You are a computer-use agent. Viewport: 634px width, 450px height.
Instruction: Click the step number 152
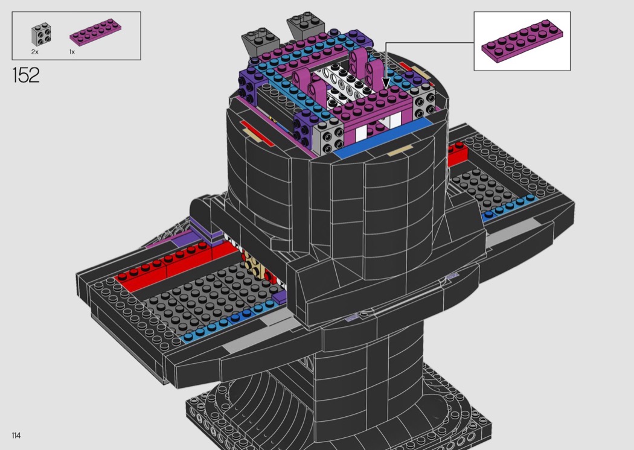[x=26, y=75]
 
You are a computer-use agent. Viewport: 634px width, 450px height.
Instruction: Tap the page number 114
[x=16, y=436]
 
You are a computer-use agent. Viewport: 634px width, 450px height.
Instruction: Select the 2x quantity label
[x=35, y=52]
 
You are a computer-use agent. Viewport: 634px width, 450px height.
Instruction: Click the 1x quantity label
[x=72, y=52]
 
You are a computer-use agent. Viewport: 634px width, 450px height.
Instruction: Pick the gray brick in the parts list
[x=41, y=34]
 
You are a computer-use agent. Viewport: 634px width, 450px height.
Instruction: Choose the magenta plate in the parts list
[x=95, y=32]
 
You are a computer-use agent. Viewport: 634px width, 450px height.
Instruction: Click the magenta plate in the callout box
[x=522, y=41]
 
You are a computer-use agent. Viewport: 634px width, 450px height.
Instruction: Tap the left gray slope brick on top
[x=260, y=40]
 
